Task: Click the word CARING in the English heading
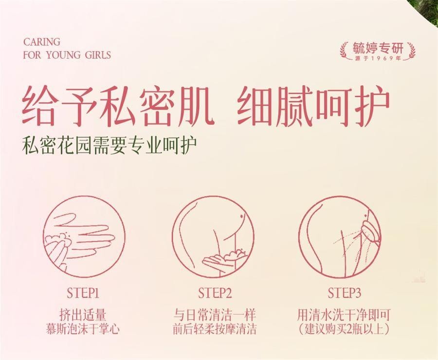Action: pos(42,42)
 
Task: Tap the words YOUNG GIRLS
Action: pos(78,55)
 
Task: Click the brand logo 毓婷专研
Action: pos(378,48)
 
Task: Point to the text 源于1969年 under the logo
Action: pos(378,58)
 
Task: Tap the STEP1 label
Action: pos(83,293)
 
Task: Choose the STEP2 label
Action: pos(215,293)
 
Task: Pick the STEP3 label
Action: pos(345,293)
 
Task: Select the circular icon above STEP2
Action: pos(214,237)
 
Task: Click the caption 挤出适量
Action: pos(83,315)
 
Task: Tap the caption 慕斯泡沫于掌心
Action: pos(83,329)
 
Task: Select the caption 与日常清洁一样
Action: pos(215,315)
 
